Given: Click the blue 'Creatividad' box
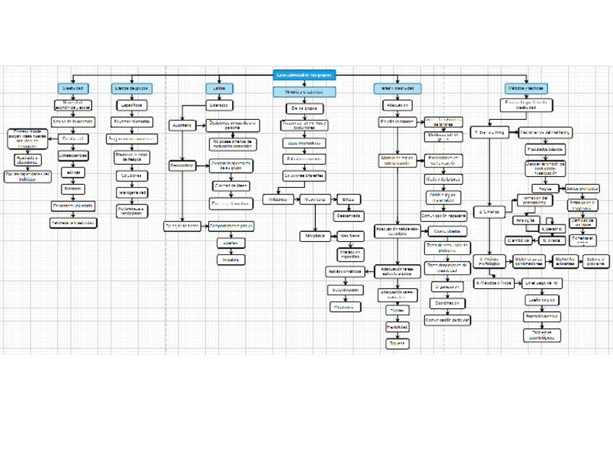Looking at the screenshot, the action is pyautogui.click(x=73, y=88).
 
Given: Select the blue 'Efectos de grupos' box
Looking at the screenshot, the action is pyautogui.click(x=131, y=88).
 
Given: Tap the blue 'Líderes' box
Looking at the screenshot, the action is pyautogui.click(x=215, y=88).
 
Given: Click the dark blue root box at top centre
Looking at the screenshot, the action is pyautogui.click(x=304, y=74).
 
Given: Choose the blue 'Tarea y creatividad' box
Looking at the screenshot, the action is pyautogui.click(x=396, y=88).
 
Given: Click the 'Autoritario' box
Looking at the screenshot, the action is pyautogui.click(x=181, y=125).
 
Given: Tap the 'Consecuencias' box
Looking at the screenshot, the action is pyautogui.click(x=73, y=155).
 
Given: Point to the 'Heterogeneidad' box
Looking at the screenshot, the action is pyautogui.click(x=132, y=192).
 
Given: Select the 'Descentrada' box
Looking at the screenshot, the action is pyautogui.click(x=348, y=215).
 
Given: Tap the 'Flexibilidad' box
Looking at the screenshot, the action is pyautogui.click(x=397, y=326).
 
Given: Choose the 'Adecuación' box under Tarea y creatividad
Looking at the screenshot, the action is pyautogui.click(x=396, y=105).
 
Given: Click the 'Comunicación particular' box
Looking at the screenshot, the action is pyautogui.click(x=447, y=319).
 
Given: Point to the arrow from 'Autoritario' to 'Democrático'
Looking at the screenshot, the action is pyautogui.click(x=181, y=144).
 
